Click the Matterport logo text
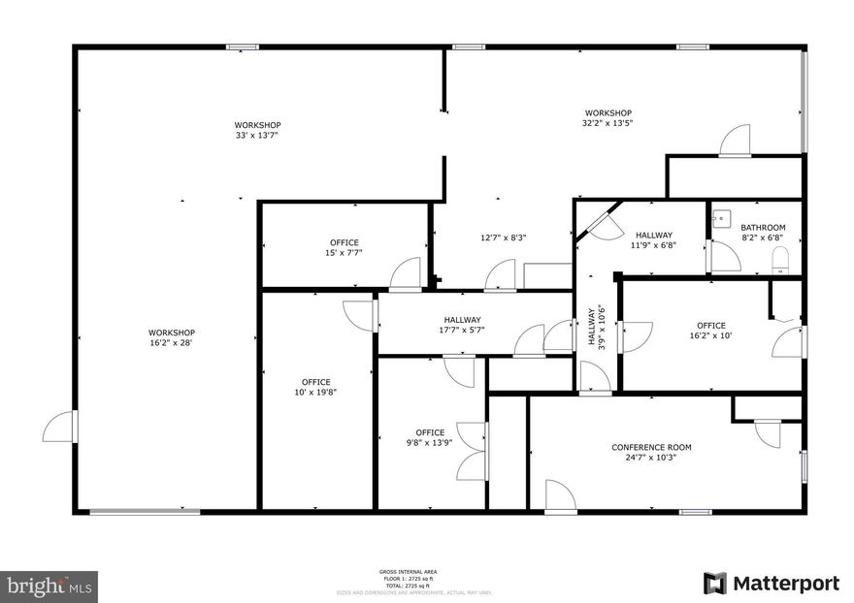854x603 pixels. click(x=785, y=584)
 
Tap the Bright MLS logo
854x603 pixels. click(x=49, y=587)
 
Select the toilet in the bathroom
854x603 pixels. click(x=778, y=259)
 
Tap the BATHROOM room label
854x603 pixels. click(x=763, y=228)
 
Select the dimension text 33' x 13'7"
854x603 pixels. click(x=257, y=136)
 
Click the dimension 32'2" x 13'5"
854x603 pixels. click(x=608, y=123)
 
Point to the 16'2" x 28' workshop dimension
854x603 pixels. click(x=172, y=342)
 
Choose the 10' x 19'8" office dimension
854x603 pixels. click(x=315, y=393)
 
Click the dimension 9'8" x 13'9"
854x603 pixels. click(x=430, y=443)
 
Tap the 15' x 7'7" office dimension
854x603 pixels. click(x=345, y=253)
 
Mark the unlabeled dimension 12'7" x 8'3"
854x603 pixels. click(x=504, y=238)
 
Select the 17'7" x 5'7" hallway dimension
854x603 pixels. click(x=463, y=330)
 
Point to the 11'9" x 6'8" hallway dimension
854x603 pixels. click(x=654, y=245)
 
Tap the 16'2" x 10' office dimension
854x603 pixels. click(x=711, y=336)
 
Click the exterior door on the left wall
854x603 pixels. click(x=61, y=427)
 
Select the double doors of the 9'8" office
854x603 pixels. click(x=473, y=451)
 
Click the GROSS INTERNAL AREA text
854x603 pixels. click(x=409, y=572)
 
